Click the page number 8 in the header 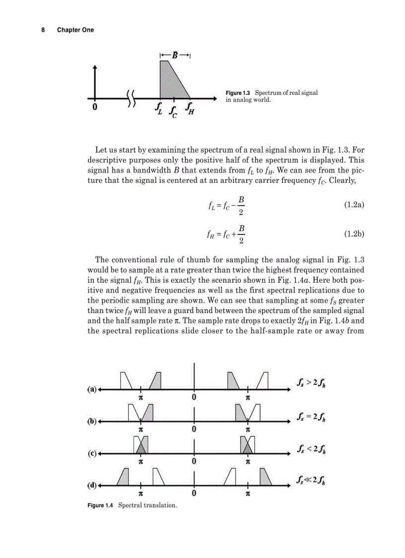click(x=43, y=30)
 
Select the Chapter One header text click(x=75, y=30)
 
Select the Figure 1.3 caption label click(x=238, y=93)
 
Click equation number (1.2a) click(x=354, y=204)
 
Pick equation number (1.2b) click(x=354, y=233)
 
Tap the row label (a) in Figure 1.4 click(x=92, y=390)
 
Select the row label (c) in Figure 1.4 click(x=92, y=453)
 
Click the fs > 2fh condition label click(x=311, y=383)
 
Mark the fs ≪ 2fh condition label click(x=311, y=480)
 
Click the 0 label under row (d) click(x=194, y=493)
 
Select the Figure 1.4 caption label click(x=101, y=505)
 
